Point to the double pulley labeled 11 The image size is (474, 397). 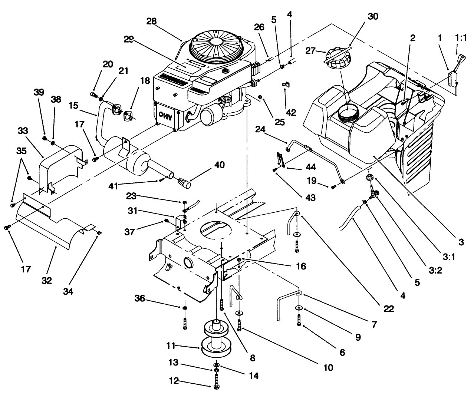pos(216,339)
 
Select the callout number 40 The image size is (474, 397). pos(219,165)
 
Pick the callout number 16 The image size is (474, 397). pos(301,266)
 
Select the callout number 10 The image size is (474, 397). pos(327,368)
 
